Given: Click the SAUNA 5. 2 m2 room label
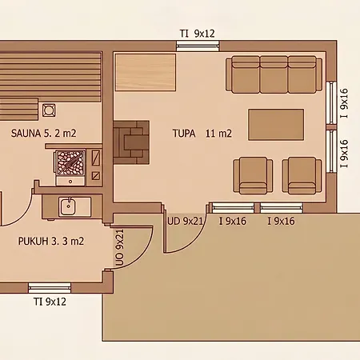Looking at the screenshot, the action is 44,133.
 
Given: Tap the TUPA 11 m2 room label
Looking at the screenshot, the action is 202,134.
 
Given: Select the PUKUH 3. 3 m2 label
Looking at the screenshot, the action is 51,241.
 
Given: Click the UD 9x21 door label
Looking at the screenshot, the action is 185,221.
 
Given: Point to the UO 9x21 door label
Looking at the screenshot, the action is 120,247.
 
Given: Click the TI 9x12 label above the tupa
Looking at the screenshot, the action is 197,34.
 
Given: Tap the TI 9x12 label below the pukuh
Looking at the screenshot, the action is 50,302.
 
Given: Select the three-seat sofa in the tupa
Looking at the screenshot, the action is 274,74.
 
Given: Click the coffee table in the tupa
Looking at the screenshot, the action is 276,124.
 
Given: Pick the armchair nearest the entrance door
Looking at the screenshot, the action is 253,175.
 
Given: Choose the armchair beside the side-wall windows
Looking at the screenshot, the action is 302,175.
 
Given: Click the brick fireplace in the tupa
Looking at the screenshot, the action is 131,142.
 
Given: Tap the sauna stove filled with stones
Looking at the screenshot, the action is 70,162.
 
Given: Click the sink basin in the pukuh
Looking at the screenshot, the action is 68,207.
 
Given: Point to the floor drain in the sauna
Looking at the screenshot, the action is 49,110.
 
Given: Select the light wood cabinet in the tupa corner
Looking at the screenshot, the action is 146,72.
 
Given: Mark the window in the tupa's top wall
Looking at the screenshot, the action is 198,46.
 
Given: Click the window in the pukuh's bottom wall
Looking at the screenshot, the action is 50,288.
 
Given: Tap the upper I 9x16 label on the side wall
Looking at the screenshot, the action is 344,103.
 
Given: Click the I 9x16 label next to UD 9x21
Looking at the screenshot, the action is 233,221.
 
